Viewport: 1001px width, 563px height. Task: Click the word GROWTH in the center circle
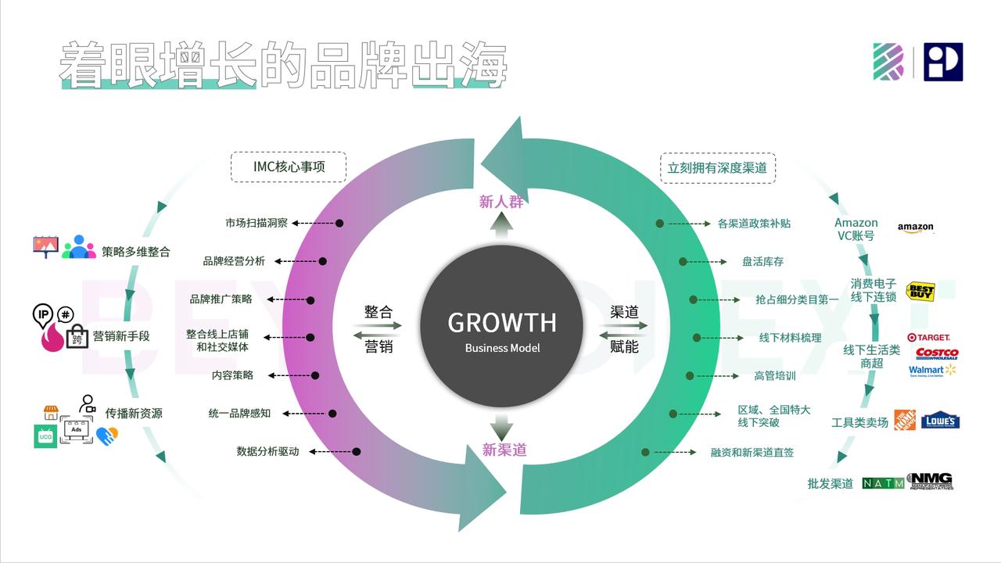(501, 322)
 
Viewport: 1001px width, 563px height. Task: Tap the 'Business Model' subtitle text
(502, 348)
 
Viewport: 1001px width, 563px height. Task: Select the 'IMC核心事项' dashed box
(289, 167)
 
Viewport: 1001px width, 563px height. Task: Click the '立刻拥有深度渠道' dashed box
(717, 167)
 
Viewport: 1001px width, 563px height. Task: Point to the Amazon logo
(916, 228)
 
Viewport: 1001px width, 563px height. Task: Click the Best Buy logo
(920, 292)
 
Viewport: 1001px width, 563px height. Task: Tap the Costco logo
(936, 353)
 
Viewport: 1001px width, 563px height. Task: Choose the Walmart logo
(932, 370)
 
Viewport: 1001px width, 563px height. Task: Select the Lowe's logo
(940, 421)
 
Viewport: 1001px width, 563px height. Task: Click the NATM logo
(883, 483)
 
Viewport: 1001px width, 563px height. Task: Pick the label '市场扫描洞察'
(257, 223)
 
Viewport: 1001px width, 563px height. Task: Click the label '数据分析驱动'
(267, 451)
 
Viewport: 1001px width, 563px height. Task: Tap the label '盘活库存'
(762, 261)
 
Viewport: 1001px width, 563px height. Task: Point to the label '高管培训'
(774, 375)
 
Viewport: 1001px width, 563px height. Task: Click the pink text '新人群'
(501, 202)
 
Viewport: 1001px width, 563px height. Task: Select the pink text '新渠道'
(504, 450)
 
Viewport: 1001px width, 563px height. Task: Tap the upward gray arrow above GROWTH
(501, 227)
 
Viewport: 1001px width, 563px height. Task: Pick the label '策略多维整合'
(135, 252)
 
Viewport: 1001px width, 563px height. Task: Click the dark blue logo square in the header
(942, 63)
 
